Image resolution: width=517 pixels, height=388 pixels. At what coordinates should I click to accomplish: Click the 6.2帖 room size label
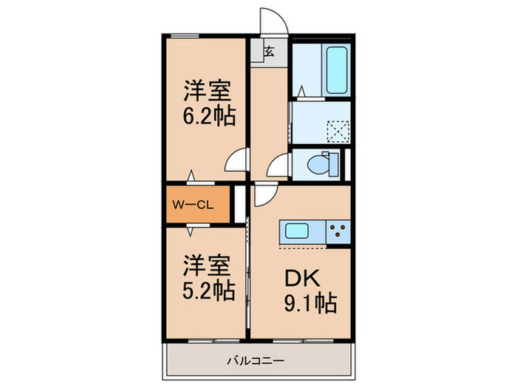click(x=208, y=117)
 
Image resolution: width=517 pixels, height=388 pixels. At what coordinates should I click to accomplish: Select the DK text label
click(x=301, y=278)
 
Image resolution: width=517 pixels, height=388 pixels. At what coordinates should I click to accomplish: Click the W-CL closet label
click(x=194, y=205)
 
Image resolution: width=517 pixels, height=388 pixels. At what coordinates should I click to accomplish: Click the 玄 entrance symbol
click(x=270, y=52)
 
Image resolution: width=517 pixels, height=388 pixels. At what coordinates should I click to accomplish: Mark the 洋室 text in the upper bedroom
click(x=208, y=93)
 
